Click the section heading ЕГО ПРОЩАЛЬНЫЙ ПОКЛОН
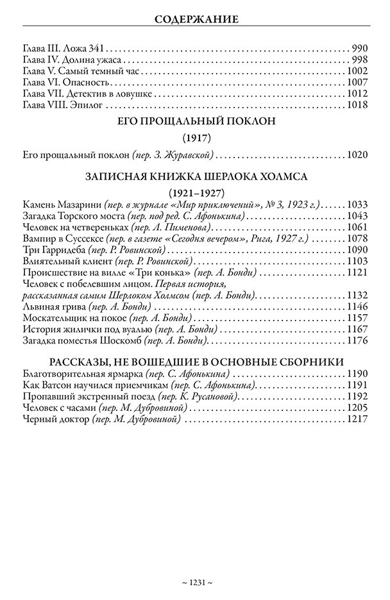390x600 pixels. [196, 124]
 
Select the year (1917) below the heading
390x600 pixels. [196, 138]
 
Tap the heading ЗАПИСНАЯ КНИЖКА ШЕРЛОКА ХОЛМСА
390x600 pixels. [196, 178]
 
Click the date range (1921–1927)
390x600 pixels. [196, 193]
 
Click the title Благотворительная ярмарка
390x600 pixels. [81, 373]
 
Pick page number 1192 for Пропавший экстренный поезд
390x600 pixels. [357, 396]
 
